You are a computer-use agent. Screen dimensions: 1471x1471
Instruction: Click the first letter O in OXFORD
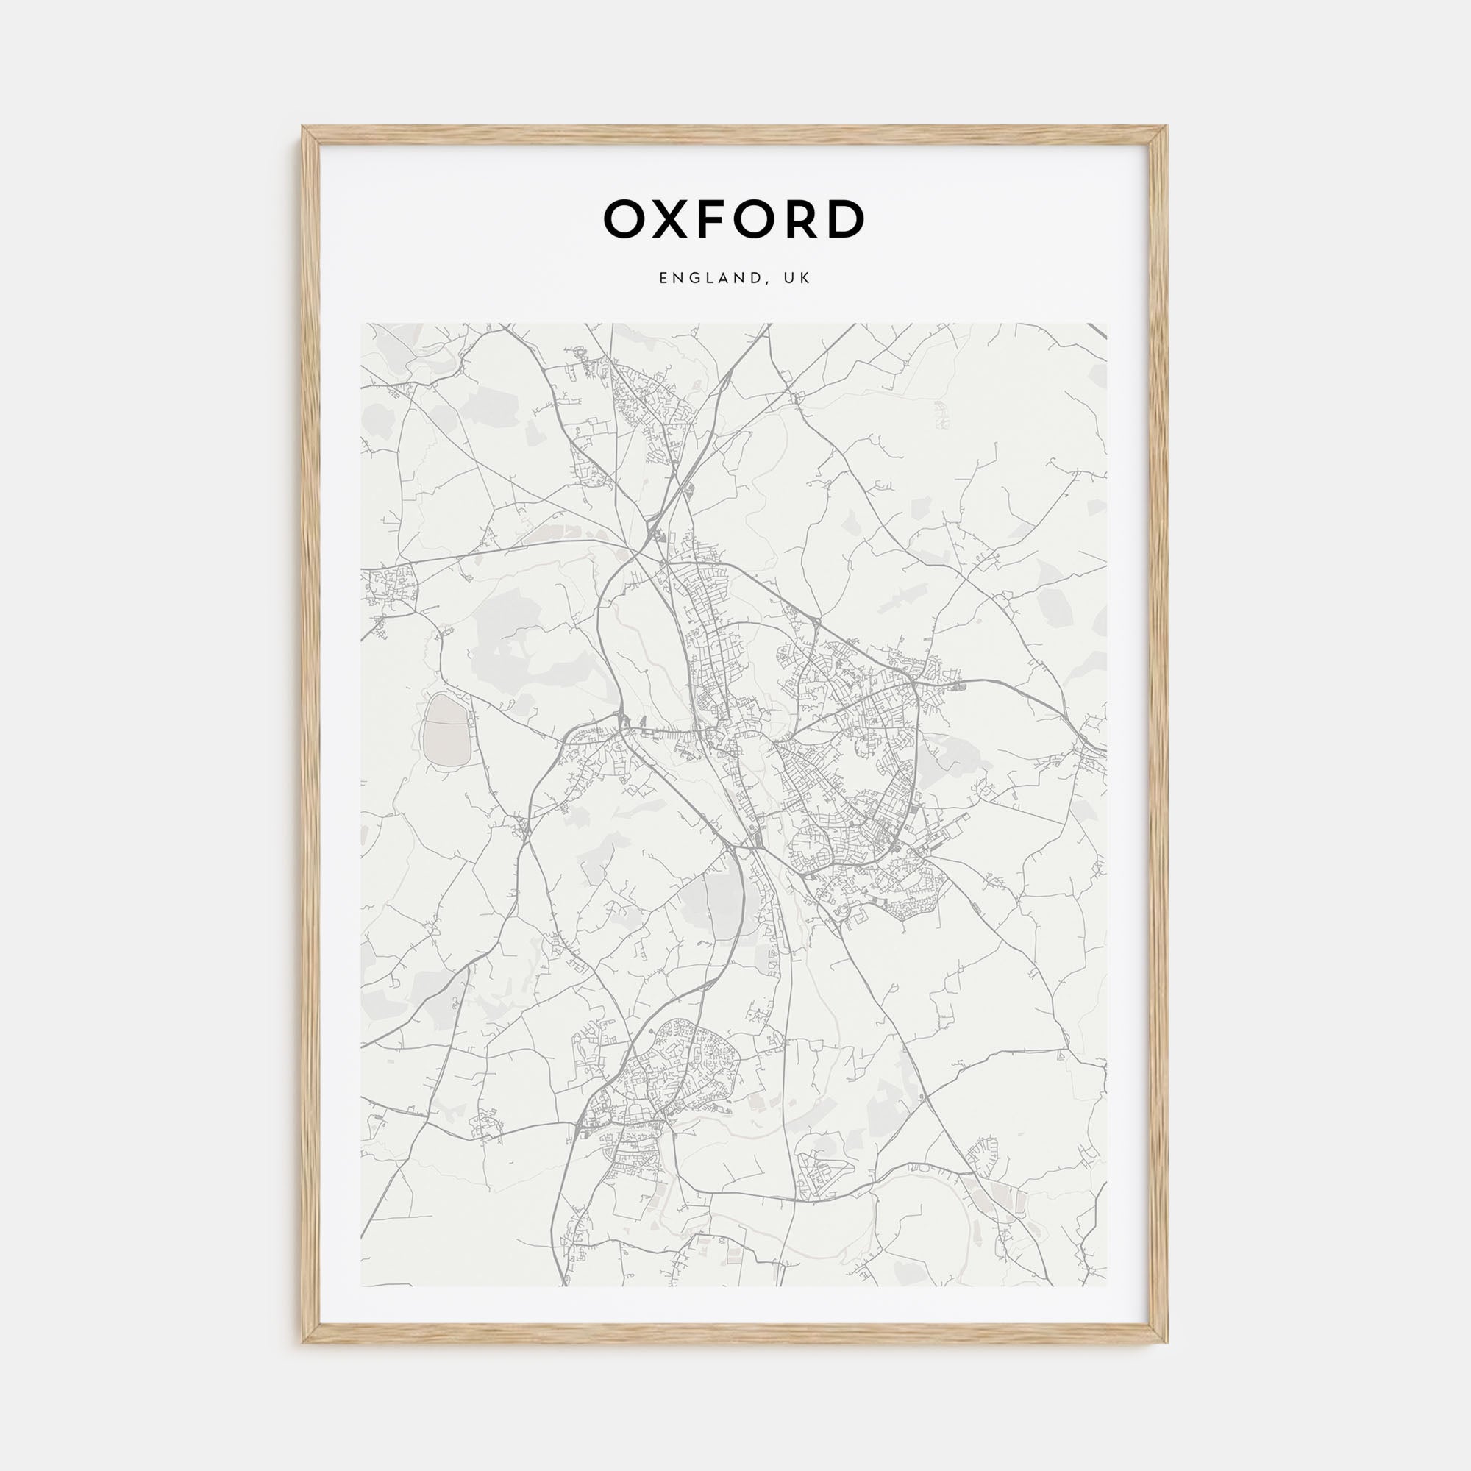[626, 219]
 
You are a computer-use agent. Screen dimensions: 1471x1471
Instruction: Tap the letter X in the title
[672, 219]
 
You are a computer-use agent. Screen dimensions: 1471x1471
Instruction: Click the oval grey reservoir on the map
[446, 731]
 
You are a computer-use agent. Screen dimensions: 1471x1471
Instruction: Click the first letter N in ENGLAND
[676, 279]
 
